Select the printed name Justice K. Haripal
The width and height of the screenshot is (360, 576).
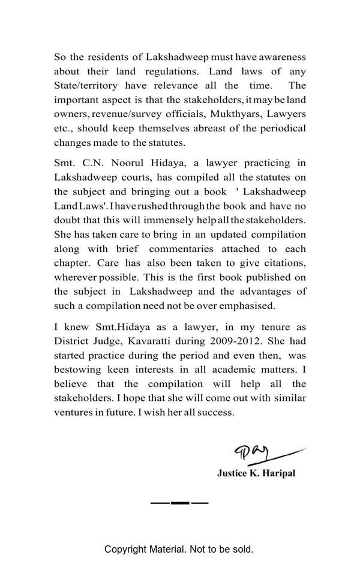(x=256, y=473)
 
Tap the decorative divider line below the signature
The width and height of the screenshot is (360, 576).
(x=179, y=502)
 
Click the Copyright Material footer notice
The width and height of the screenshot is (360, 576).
(x=179, y=549)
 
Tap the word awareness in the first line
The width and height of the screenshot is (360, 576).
(x=283, y=57)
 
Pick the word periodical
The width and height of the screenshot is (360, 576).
(x=281, y=128)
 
